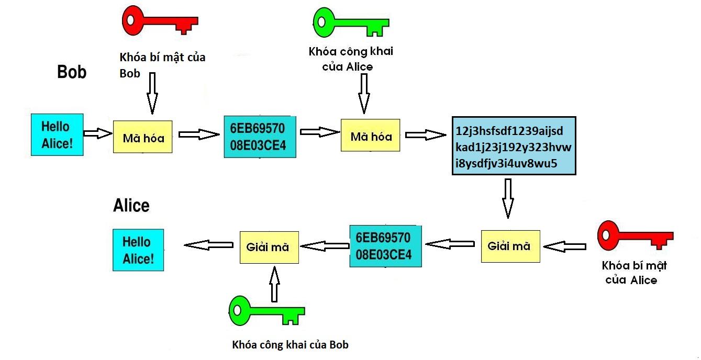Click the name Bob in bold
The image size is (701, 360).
click(72, 72)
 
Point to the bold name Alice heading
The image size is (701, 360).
click(131, 206)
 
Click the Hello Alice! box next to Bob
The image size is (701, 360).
click(57, 134)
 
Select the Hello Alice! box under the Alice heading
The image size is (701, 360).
click(138, 250)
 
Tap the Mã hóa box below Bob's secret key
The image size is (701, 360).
click(143, 138)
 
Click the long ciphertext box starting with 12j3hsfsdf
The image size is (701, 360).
click(514, 145)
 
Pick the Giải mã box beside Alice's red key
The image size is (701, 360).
click(510, 246)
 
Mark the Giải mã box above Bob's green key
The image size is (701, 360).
click(269, 247)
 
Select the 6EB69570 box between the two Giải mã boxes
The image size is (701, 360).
click(385, 246)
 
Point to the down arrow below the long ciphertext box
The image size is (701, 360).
click(507, 197)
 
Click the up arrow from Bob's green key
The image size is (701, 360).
click(274, 283)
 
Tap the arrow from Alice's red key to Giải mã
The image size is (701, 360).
click(565, 246)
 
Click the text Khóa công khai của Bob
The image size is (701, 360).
click(290, 345)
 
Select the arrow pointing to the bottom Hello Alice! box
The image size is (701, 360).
click(208, 245)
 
